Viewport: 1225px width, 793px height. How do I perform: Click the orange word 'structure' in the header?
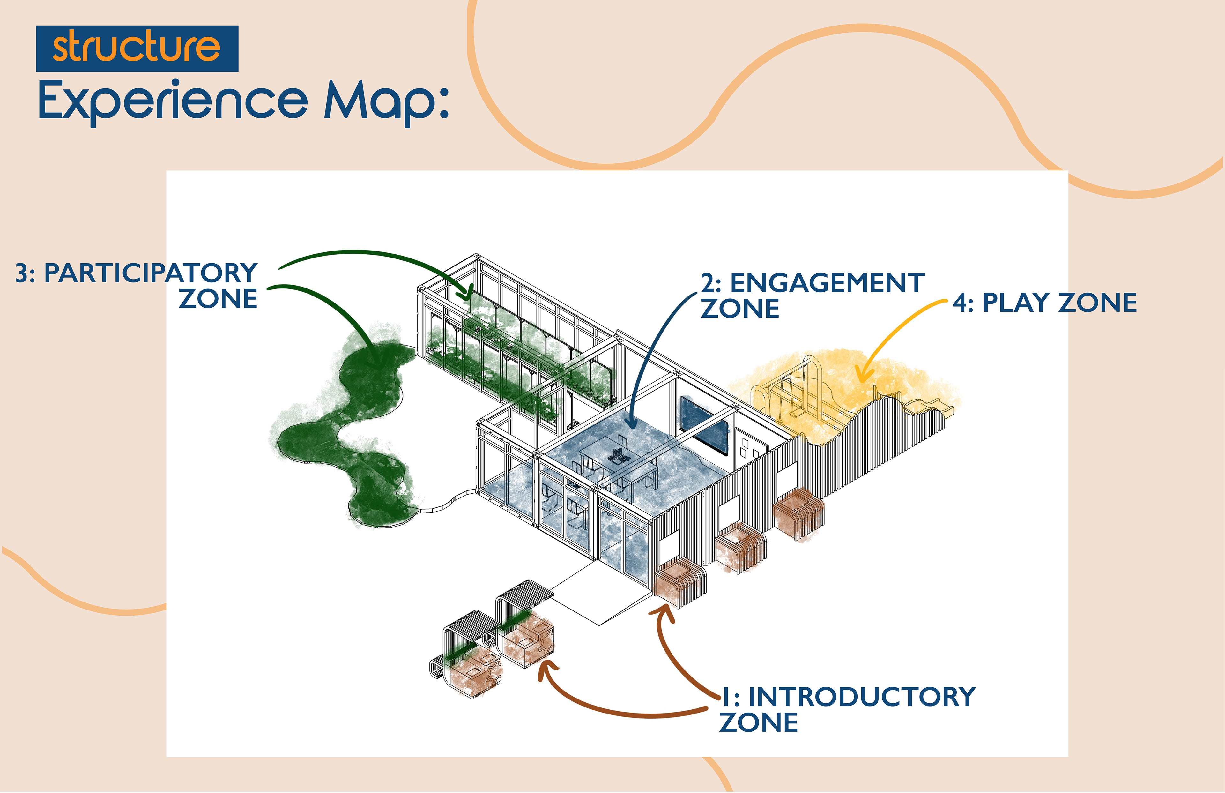pos(137,47)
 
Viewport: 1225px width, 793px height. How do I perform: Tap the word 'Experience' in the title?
pos(173,101)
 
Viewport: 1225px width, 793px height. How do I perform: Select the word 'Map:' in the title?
pos(386,101)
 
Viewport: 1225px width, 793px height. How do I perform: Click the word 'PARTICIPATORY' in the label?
pos(150,273)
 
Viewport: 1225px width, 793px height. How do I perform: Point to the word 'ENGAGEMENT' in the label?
pos(827,283)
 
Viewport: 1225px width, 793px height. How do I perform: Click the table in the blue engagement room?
pos(618,458)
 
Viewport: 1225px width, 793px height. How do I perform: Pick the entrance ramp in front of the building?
pos(597,592)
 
